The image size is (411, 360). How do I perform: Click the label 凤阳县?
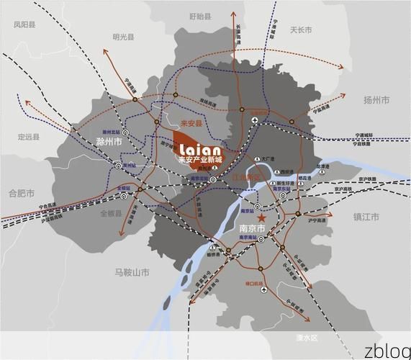[x=24, y=24]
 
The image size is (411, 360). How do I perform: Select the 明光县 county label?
[x=122, y=37]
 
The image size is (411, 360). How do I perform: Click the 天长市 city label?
[x=300, y=30]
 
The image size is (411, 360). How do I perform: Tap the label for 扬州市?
[x=376, y=99]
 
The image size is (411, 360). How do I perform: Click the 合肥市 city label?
[x=22, y=193]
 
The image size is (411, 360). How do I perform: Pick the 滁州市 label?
[x=109, y=143]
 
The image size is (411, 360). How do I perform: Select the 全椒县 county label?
[x=112, y=214]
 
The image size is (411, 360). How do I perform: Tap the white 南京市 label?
[x=251, y=229]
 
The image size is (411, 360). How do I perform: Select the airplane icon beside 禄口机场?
[x=263, y=289]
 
